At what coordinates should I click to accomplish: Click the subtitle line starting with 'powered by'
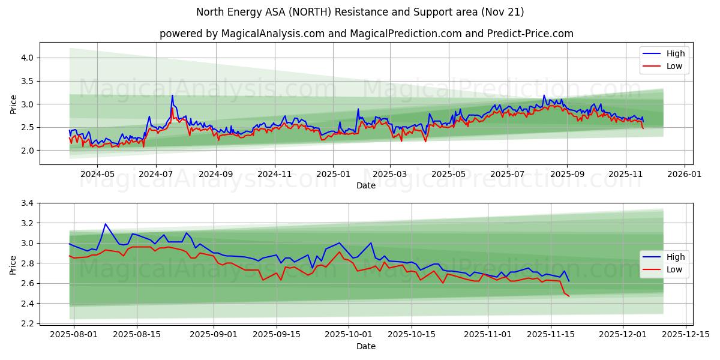coord(366,34)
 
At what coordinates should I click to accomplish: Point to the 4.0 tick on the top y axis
coord(28,58)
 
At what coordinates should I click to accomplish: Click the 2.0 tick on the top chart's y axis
coord(28,151)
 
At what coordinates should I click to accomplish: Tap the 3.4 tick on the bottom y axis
coord(28,203)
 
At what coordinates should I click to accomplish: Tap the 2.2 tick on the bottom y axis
coord(28,323)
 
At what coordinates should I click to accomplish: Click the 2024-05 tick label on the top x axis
coord(97,174)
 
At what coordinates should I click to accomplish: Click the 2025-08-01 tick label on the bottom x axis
coord(74,334)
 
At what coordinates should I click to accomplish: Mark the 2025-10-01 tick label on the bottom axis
coord(345,334)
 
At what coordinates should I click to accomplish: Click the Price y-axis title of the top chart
coord(13,104)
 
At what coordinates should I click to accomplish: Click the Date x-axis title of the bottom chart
coord(366,346)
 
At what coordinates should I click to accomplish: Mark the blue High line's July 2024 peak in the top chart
coord(172,95)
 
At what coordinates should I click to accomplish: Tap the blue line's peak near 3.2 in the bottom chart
coord(106,224)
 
